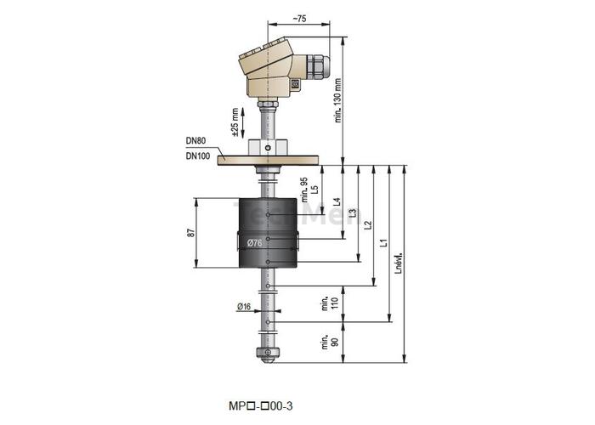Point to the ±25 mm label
(x=235, y=122)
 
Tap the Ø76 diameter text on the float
(x=254, y=244)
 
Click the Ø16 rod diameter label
(x=244, y=306)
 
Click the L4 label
(x=338, y=202)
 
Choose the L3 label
(x=353, y=212)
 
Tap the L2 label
(x=368, y=224)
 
